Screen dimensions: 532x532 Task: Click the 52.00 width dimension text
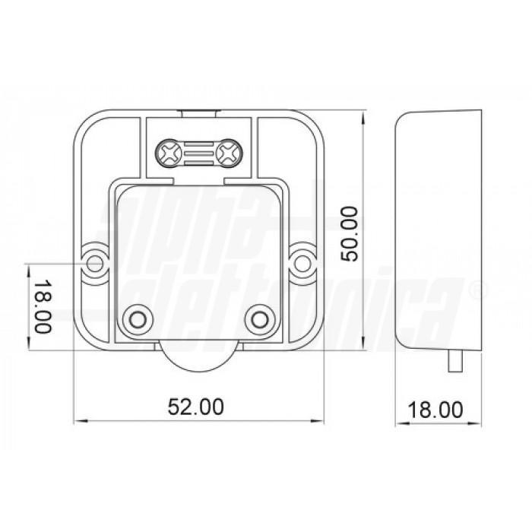[x=196, y=407]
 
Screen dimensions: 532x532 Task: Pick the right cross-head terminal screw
[x=226, y=154]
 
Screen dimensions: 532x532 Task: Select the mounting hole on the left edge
[x=95, y=262]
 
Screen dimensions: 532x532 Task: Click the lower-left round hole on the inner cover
[x=138, y=316]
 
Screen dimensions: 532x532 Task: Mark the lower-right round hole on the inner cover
[x=260, y=316]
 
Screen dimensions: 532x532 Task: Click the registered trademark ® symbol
[x=477, y=290]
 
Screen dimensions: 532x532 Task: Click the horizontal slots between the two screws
[x=198, y=154]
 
